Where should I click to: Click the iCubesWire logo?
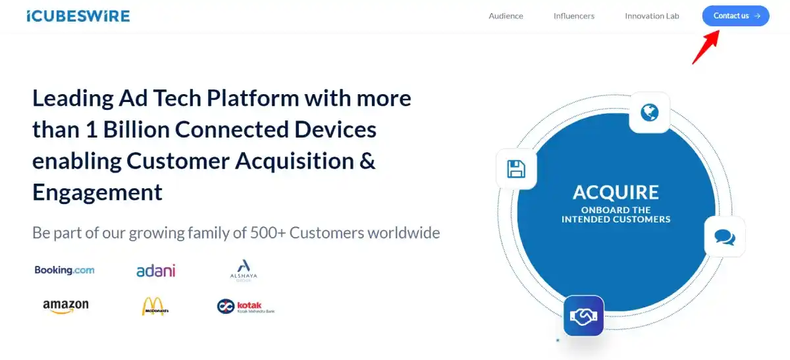pyautogui.click(x=78, y=16)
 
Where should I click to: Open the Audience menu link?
pyautogui.click(x=506, y=16)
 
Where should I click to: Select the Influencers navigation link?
pyautogui.click(x=573, y=16)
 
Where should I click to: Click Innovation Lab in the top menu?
pyautogui.click(x=652, y=16)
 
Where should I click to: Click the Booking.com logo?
pyautogui.click(x=65, y=270)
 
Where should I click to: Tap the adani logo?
pyautogui.click(x=155, y=270)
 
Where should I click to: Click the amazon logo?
pyautogui.click(x=65, y=307)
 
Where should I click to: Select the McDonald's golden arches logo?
pyautogui.click(x=155, y=307)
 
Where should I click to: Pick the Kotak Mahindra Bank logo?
pyautogui.click(x=245, y=307)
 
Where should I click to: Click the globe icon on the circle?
pyautogui.click(x=649, y=113)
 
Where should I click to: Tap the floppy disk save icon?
pyautogui.click(x=516, y=169)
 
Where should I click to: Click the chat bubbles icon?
pyautogui.click(x=724, y=237)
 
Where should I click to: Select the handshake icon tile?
pyautogui.click(x=583, y=317)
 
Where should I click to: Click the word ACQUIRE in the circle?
pyautogui.click(x=616, y=192)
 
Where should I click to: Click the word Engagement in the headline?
pyautogui.click(x=97, y=192)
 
